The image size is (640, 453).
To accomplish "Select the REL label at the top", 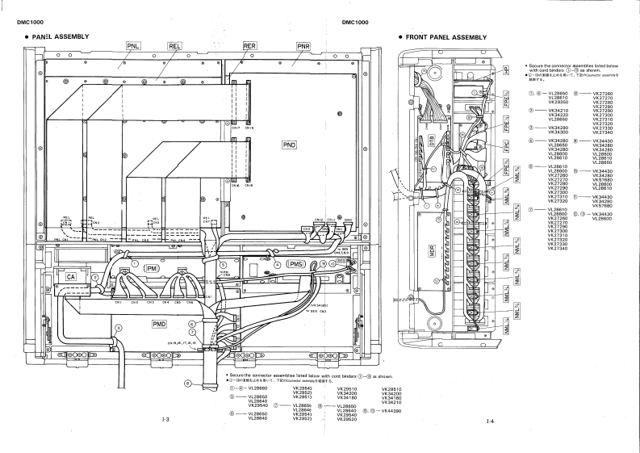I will pyautogui.click(x=175, y=46).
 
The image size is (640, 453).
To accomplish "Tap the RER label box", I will pyautogui.click(x=250, y=46).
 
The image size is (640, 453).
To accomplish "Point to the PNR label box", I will pyautogui.click(x=303, y=46).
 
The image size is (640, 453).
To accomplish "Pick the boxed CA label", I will pyautogui.click(x=71, y=277).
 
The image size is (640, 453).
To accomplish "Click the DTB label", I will pyautogui.click(x=431, y=138).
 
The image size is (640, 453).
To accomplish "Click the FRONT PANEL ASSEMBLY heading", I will pyautogui.click(x=446, y=37).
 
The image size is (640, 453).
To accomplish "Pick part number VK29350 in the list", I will pyautogui.click(x=559, y=103).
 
